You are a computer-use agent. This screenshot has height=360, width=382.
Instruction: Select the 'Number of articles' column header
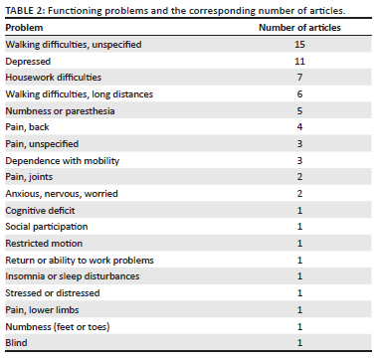(x=299, y=28)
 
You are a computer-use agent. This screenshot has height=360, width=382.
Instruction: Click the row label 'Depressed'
(x=27, y=61)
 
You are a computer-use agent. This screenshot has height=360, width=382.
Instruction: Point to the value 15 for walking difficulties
(x=299, y=45)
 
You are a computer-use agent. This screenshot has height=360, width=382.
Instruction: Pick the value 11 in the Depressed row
(x=299, y=61)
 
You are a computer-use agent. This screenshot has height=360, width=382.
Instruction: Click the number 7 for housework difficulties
(x=299, y=78)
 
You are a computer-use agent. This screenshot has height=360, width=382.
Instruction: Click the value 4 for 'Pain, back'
(x=299, y=127)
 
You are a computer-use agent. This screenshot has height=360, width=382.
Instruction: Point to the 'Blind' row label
(x=15, y=342)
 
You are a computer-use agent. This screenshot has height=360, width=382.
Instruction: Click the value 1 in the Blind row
(x=299, y=342)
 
